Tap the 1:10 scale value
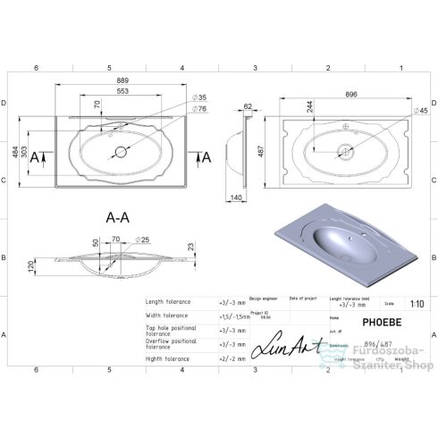[x=417, y=304]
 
